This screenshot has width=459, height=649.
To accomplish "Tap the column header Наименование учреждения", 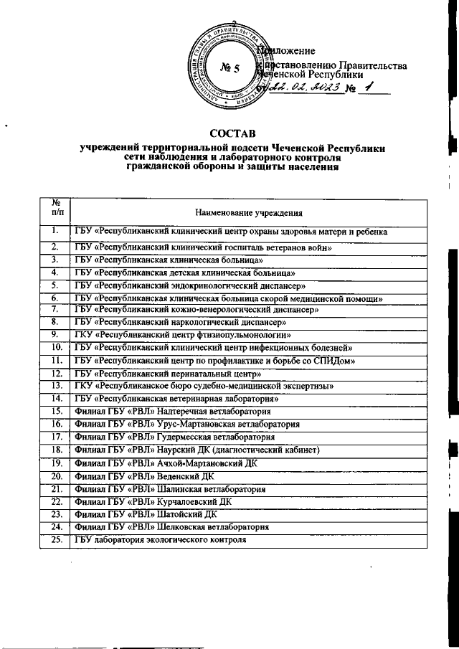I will [x=248, y=212].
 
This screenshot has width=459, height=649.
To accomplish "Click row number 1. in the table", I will [x=55, y=231].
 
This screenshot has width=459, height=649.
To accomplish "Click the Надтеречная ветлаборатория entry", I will [x=171, y=412].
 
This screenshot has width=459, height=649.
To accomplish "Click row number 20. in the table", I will [x=55, y=475].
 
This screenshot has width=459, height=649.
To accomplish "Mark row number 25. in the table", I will [x=55, y=539].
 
